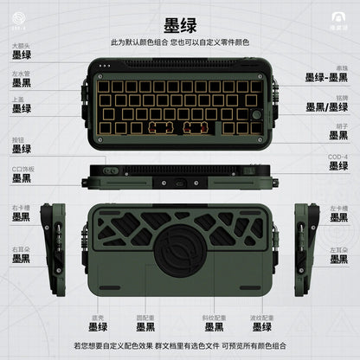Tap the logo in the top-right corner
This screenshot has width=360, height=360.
coord(336,22)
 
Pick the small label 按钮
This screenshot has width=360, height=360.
coord(17,137)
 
